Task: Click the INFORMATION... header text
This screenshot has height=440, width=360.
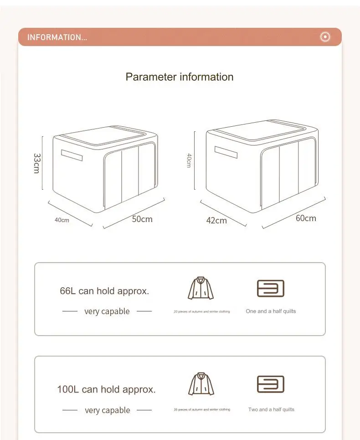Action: click(57, 37)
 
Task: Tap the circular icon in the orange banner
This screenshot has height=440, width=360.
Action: click(325, 37)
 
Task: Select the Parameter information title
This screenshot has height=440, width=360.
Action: click(180, 77)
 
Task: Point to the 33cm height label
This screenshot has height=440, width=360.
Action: click(37, 163)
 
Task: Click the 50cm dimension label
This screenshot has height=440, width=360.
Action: click(142, 219)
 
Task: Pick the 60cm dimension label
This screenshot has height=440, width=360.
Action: click(306, 218)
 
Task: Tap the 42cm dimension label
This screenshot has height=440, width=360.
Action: click(216, 220)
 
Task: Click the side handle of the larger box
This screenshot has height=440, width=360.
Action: click(226, 152)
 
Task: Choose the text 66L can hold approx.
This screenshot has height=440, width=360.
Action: click(104, 291)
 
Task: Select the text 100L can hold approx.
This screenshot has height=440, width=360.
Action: click(106, 389)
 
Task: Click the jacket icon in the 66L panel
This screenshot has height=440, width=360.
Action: click(201, 288)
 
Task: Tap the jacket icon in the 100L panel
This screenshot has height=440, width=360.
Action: click(201, 384)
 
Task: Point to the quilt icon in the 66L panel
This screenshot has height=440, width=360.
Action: click(271, 289)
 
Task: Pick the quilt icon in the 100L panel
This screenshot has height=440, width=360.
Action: click(271, 384)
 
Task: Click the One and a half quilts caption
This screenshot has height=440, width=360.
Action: click(271, 311)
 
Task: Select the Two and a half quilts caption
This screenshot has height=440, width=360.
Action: click(271, 409)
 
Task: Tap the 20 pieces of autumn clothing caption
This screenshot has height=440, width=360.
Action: click(201, 311)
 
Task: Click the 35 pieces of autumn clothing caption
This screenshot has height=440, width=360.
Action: click(201, 409)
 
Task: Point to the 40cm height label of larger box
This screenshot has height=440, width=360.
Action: click(189, 160)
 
